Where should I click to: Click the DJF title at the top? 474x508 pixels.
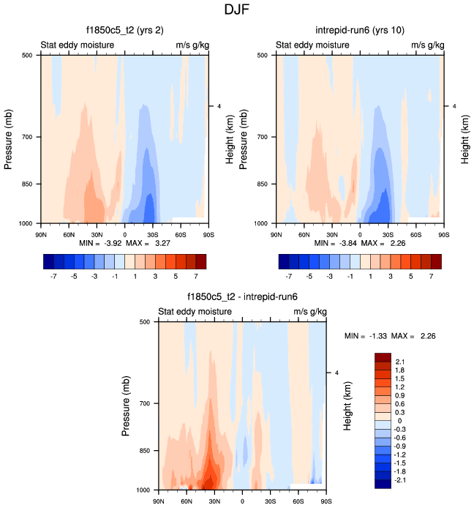[237, 10]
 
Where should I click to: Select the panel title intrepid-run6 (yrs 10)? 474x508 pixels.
[358, 31]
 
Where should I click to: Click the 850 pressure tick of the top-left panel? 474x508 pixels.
[24, 184]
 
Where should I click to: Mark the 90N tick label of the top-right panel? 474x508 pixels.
[276, 235]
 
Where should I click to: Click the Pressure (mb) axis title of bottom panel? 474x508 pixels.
[127, 404]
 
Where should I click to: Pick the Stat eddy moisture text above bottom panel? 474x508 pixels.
[195, 312]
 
